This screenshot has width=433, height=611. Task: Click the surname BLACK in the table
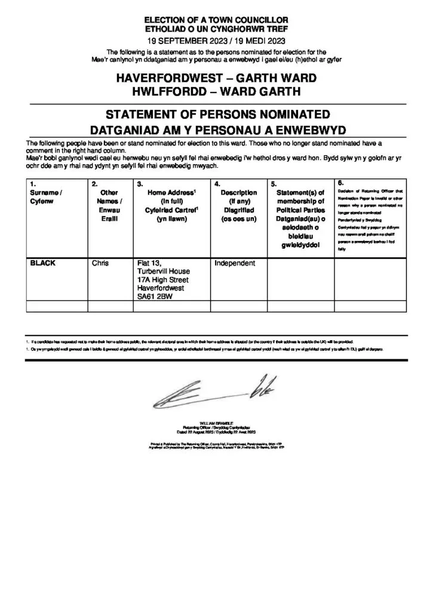[43, 263]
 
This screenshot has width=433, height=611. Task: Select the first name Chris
[100, 263]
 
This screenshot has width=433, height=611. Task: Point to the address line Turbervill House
[165, 271]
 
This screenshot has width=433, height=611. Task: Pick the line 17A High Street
[163, 280]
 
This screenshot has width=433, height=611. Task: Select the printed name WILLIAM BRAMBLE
[216, 423]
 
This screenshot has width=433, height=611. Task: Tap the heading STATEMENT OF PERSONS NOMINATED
[216, 114]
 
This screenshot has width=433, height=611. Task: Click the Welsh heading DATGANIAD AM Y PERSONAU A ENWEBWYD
[216, 129]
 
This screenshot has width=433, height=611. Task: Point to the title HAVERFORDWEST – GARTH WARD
[216, 79]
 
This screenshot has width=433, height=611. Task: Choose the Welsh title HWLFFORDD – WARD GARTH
[216, 92]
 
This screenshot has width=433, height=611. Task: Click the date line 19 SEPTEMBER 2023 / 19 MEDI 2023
[216, 42]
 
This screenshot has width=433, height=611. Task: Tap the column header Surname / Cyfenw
[46, 197]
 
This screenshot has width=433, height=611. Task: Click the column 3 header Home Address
[171, 193]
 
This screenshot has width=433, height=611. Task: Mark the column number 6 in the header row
[340, 182]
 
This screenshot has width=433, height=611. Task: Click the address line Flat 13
[149, 263]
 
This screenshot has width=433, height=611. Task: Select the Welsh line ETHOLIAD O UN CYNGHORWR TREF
[216, 29]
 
